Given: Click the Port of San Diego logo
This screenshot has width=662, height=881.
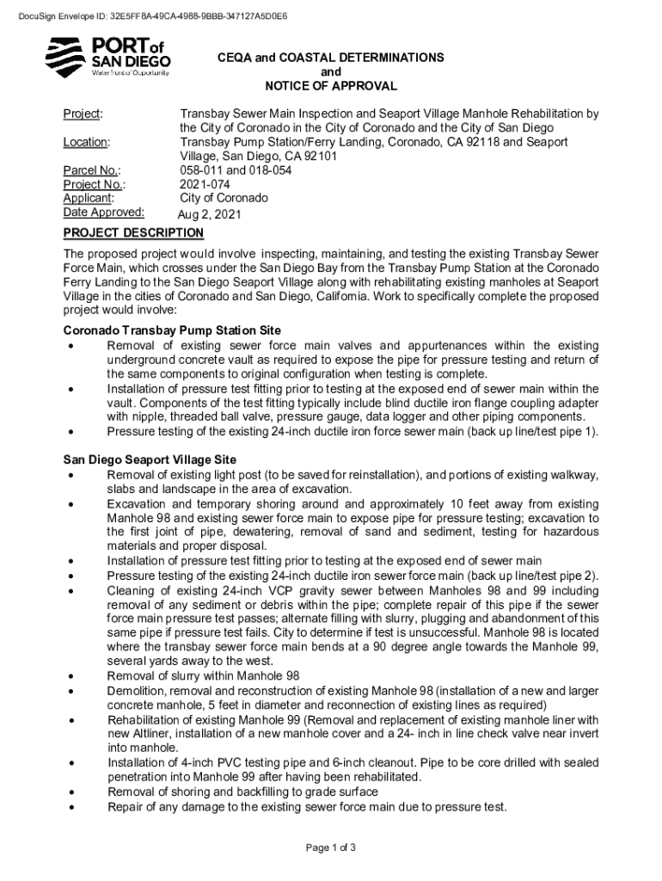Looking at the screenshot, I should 107,57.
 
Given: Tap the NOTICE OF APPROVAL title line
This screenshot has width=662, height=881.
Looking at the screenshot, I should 331,86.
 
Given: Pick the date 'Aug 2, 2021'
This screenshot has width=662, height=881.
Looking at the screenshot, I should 210,214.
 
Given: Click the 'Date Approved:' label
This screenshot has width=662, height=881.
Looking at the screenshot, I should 104,212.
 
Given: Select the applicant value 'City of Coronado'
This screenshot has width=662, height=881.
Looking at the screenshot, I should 224,198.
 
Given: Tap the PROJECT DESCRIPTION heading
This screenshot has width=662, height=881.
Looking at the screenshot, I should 133,233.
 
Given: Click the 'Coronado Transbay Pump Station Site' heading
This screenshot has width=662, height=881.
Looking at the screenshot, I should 172,331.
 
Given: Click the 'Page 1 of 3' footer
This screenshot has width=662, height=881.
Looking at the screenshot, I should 331,847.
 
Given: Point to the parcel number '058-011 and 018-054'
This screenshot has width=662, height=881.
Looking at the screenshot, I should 236,170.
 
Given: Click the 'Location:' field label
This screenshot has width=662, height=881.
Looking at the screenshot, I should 86,142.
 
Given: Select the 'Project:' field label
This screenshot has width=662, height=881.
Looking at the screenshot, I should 83,114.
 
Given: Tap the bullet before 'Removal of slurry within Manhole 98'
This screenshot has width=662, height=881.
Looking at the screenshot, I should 70,676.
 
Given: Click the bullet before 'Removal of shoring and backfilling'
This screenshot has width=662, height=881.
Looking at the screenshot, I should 70,792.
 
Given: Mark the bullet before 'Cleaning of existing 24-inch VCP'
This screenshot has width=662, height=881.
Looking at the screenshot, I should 70,591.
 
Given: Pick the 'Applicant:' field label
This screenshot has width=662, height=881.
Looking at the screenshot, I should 89,198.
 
